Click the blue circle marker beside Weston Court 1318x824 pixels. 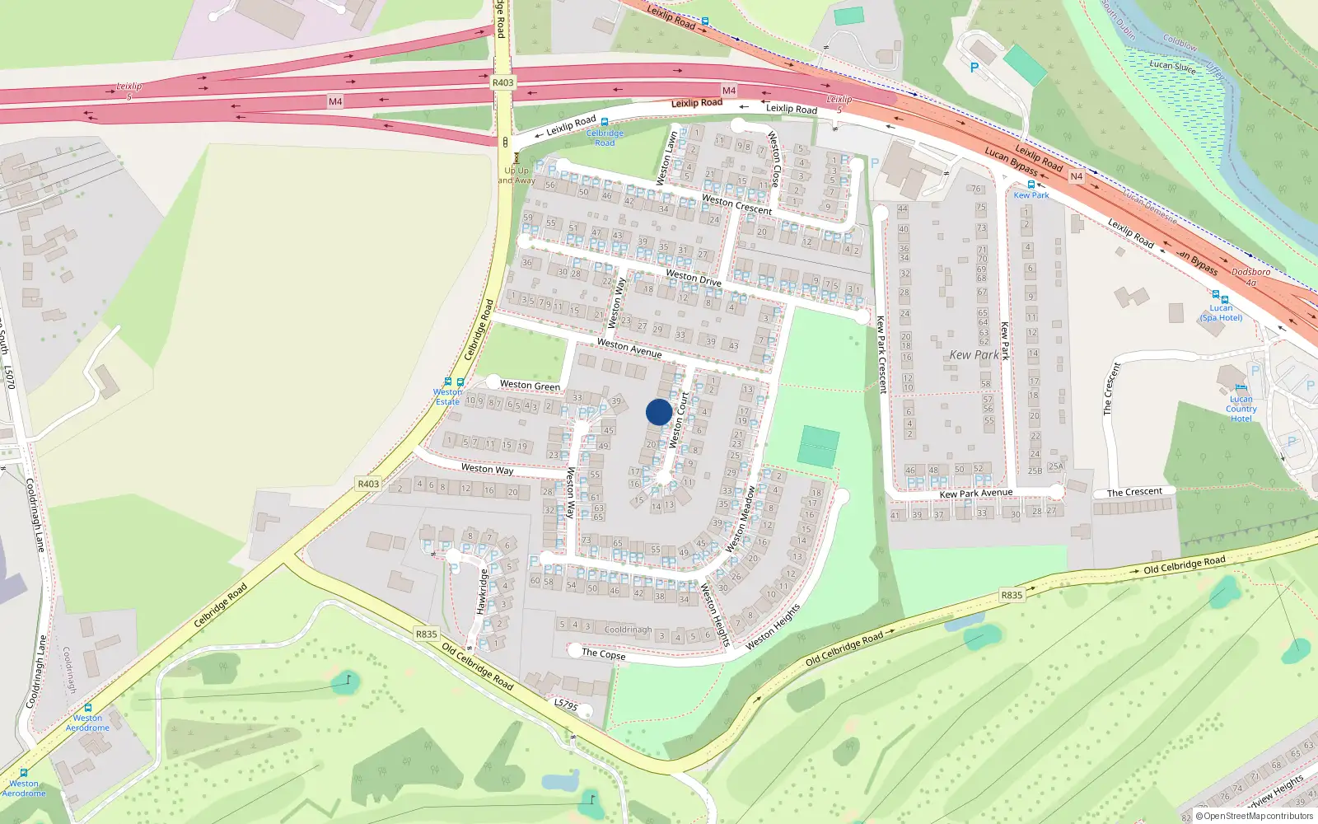[x=659, y=412]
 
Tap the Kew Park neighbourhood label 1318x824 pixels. [x=974, y=355]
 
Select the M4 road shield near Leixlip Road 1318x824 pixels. [x=728, y=91]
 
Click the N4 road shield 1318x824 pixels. [x=1076, y=176]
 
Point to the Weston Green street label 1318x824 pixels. [x=530, y=385]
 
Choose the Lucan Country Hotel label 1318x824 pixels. [x=1241, y=409]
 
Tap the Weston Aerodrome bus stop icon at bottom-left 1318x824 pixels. [x=23, y=773]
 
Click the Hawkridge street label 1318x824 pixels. [x=483, y=592]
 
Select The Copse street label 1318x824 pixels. [x=603, y=653]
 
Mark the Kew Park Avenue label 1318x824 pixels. [x=976, y=494]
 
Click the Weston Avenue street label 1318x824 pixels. [x=629, y=348]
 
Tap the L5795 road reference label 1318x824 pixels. [x=566, y=705]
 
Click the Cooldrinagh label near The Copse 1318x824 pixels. [x=628, y=630]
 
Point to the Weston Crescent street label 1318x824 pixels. [x=736, y=204]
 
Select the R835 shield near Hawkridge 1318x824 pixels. [x=426, y=634]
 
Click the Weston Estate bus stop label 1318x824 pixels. [x=447, y=396]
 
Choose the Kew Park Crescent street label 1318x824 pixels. [x=881, y=354]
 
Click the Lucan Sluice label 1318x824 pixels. [x=1172, y=66]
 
